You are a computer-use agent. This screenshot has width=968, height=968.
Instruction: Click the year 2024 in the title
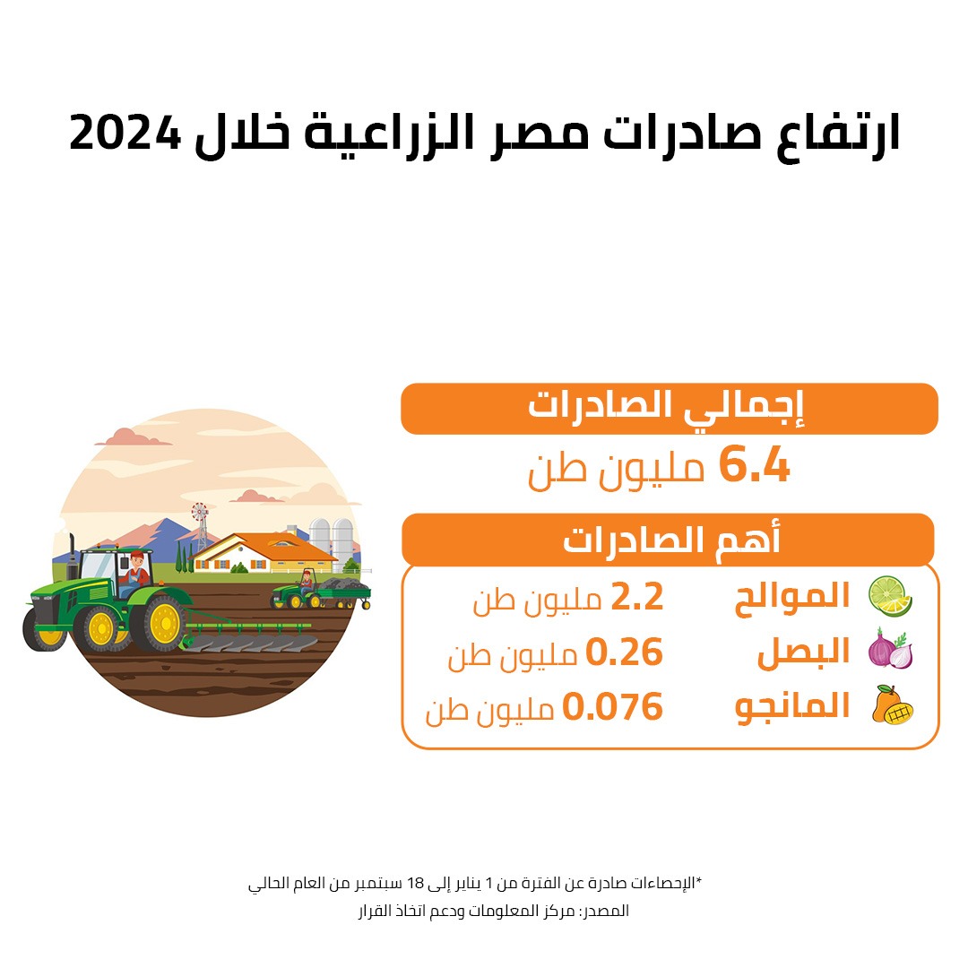coord(125,133)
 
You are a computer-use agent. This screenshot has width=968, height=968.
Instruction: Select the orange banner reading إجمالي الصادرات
coord(670,408)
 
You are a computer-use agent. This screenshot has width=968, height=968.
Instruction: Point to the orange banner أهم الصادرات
coord(668,539)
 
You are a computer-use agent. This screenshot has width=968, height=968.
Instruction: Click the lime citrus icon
coord(890,596)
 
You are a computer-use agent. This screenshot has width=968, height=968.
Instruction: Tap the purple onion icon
coord(890,649)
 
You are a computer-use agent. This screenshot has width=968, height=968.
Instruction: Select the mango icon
coord(892,704)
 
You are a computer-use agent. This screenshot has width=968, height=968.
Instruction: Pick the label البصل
coord(803,652)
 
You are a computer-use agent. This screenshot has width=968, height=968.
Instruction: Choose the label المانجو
coord(792,707)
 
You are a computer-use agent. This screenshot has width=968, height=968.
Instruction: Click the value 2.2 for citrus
coord(637,597)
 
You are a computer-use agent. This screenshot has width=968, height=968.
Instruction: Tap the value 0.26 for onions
coord(624,652)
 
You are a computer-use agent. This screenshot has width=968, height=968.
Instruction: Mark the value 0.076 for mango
coord(612,707)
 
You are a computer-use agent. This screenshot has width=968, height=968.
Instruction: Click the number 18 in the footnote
coord(416,884)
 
